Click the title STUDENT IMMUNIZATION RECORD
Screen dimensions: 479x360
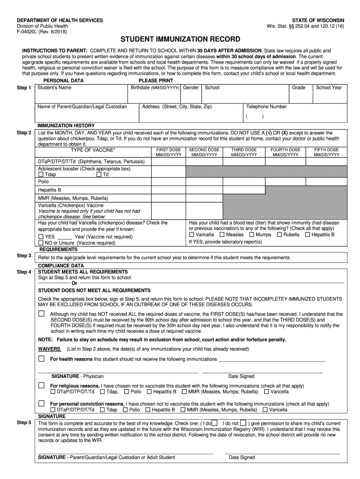[180, 39]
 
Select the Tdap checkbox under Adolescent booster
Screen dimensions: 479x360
[41, 174]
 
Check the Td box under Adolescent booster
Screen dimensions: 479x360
[99, 174]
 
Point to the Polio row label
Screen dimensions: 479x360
[43, 181]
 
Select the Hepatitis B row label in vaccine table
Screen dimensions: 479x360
[50, 190]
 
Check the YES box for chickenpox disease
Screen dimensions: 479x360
[41, 237]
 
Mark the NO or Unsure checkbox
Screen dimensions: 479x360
[41, 243]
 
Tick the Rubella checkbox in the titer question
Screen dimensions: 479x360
[279, 234]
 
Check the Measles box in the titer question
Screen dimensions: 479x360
[222, 234]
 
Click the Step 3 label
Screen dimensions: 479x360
[24, 256]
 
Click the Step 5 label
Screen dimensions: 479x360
[24, 422]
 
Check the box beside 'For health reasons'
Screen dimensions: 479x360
[42, 359]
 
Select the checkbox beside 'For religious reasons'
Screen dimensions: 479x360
[42, 385]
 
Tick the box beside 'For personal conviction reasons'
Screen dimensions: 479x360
[42, 403]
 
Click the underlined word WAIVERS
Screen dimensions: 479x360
[49, 349]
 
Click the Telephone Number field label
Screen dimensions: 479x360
[266, 107]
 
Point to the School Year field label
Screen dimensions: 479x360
[329, 87]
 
